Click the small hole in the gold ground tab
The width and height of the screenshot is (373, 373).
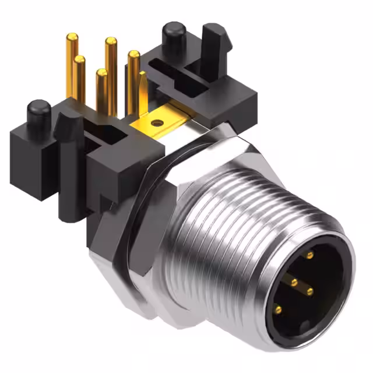[x=156, y=123]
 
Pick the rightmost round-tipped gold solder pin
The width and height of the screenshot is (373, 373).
[x=133, y=56]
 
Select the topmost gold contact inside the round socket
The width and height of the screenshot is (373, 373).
[x=309, y=255]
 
